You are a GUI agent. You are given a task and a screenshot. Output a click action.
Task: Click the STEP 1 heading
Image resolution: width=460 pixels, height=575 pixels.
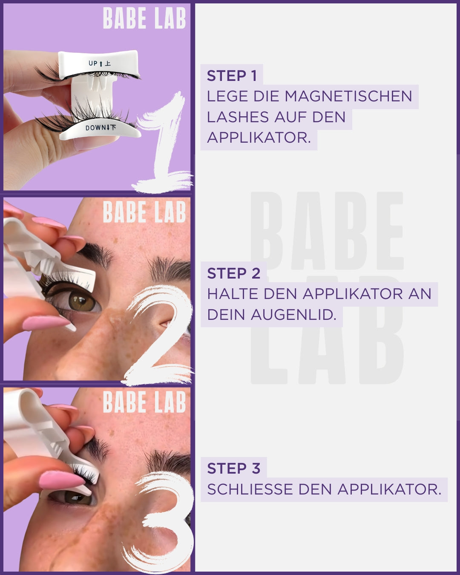click(x=232, y=76)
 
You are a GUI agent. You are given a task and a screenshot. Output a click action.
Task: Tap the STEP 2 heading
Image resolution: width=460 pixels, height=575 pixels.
click(x=233, y=273)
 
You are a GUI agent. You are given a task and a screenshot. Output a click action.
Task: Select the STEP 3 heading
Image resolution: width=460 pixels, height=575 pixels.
click(x=233, y=469)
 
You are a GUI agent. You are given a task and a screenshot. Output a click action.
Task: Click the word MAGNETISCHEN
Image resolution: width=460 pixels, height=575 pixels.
click(x=348, y=96)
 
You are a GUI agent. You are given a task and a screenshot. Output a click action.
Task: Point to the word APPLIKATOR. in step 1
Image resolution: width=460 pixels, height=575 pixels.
click(x=259, y=138)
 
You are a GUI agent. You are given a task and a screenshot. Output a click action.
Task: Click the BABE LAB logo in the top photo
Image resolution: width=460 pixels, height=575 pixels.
click(x=144, y=18)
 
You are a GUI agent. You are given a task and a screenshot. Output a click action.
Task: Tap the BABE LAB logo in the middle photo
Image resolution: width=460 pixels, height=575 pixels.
click(x=144, y=212)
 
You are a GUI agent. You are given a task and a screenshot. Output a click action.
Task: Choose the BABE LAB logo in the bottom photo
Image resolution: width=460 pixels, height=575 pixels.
click(x=144, y=402)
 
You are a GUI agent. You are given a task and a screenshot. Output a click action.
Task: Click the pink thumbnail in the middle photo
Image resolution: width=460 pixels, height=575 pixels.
click(x=45, y=322)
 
